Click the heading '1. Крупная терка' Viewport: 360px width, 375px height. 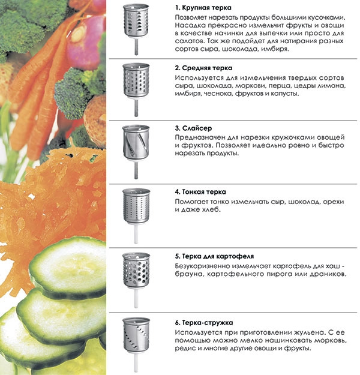(203, 8)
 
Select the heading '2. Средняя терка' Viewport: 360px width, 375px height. (203, 68)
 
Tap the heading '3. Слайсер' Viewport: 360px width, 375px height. (193, 128)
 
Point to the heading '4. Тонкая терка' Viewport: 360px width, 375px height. (200, 192)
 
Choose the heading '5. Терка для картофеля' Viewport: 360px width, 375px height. (214, 256)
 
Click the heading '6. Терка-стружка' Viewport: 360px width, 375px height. (204, 323)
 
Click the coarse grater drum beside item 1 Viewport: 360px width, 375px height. (136, 21)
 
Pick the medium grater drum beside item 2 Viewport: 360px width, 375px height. (136, 80)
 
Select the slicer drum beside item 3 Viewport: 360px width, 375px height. (136, 142)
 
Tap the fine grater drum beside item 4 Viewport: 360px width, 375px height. (136, 206)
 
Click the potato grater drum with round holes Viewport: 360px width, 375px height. (136, 270)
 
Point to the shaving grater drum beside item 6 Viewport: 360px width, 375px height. (136, 335)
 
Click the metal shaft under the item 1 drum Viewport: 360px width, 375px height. (136, 47)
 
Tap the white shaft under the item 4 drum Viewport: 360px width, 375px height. (136, 233)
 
